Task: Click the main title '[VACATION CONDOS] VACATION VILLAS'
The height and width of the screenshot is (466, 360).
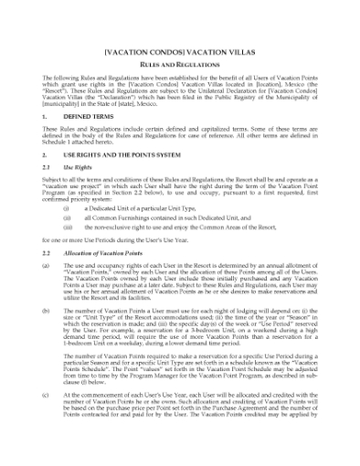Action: pos(179,40)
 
